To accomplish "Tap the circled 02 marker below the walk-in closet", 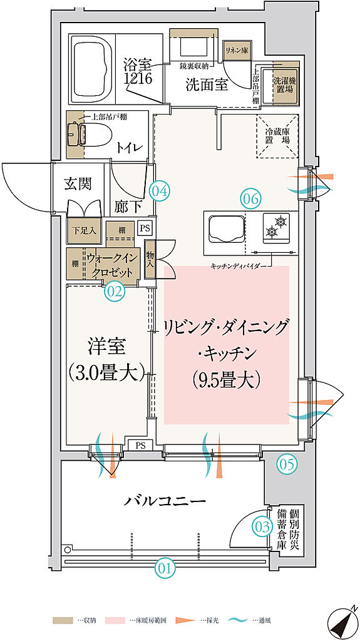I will (115, 290).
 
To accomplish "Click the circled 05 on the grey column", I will (286, 464).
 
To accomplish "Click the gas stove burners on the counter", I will (275, 227).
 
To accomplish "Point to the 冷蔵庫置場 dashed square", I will (277, 136).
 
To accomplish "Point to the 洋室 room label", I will (106, 345).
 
